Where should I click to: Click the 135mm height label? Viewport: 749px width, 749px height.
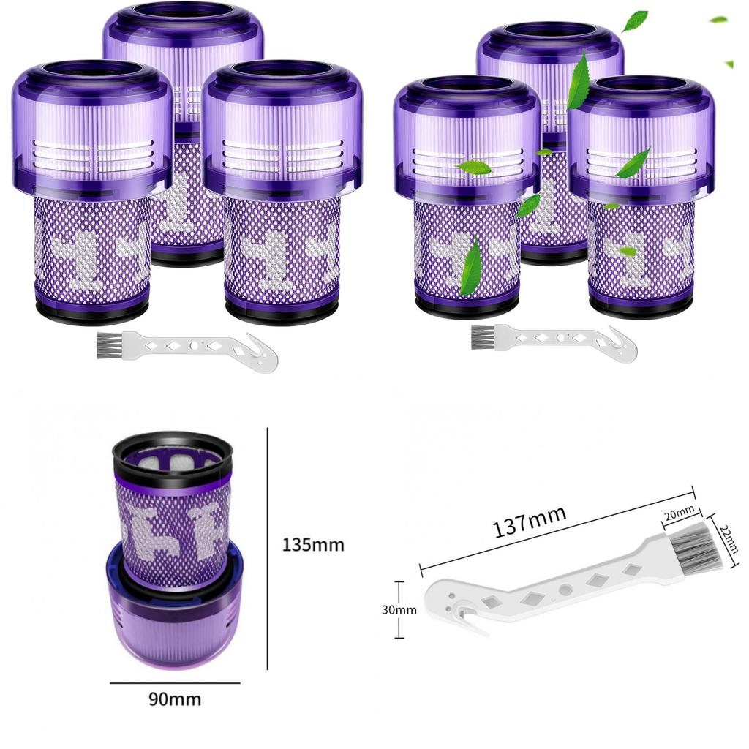click(312, 545)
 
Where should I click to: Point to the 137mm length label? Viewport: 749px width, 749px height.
click(530, 522)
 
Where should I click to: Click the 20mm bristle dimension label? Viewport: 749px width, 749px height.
click(679, 515)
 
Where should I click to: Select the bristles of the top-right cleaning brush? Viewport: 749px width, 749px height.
click(483, 337)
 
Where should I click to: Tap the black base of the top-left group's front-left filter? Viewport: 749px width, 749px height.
click(91, 313)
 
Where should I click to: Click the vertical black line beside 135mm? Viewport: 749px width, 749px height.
click(268, 549)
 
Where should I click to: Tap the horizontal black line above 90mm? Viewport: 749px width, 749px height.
click(175, 683)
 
